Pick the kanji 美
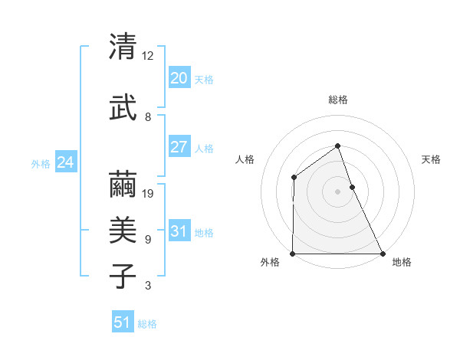pyautogui.click(x=124, y=231)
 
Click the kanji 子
pyautogui.click(x=124, y=276)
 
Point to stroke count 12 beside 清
pyautogui.click(x=148, y=56)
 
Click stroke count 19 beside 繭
pyautogui.click(x=149, y=194)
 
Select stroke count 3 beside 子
pyautogui.click(x=148, y=286)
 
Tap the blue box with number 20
pyautogui.click(x=179, y=78)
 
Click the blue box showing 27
pyautogui.click(x=179, y=147)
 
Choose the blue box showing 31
pyautogui.click(x=179, y=231)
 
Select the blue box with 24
pyautogui.click(x=66, y=162)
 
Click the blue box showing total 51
pyautogui.click(x=123, y=323)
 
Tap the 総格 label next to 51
pyautogui.click(x=147, y=324)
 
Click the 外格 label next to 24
pyautogui.click(x=41, y=163)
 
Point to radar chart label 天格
pyautogui.click(x=432, y=159)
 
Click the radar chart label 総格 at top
pyautogui.click(x=338, y=100)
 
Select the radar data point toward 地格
pyautogui.click(x=383, y=254)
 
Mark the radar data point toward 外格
pyautogui.click(x=293, y=254)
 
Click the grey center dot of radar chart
pyautogui.click(x=337, y=191)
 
